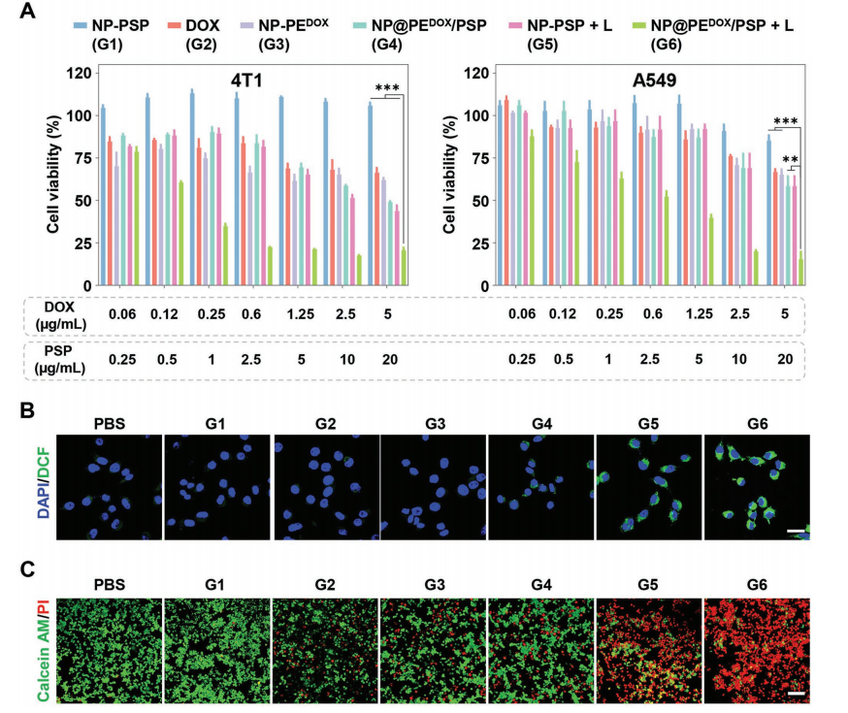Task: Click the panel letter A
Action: point(29,13)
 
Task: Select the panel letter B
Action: point(29,410)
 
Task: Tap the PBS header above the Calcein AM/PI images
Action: point(109,586)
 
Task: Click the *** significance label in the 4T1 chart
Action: point(387,88)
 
